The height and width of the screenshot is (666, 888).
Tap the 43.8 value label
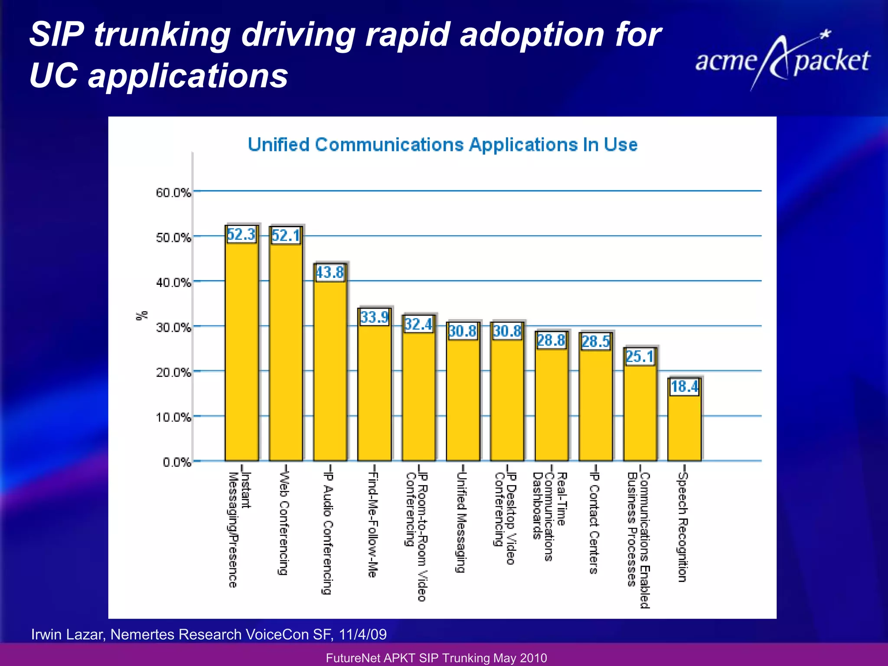tap(330, 273)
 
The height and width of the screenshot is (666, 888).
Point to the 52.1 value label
tap(286, 236)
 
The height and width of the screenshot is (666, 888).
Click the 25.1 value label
tap(640, 357)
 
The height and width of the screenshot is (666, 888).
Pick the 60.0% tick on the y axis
tap(173, 193)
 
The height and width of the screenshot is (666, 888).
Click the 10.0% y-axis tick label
tap(173, 418)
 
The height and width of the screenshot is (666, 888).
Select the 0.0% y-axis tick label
tap(177, 463)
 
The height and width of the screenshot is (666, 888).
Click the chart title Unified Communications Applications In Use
tap(443, 144)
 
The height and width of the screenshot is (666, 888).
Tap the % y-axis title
tap(142, 316)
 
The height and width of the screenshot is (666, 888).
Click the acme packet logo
tap(782, 61)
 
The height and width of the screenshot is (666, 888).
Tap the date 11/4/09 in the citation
tap(362, 634)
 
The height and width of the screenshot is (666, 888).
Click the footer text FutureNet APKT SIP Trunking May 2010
tap(436, 658)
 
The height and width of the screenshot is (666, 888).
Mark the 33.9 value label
tap(375, 317)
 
